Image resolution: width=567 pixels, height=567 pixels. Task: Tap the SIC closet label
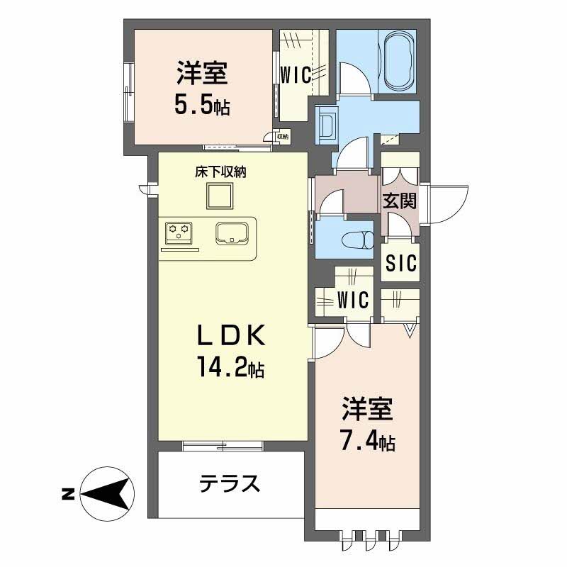coord(401,264)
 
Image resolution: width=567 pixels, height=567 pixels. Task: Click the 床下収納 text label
coord(220,172)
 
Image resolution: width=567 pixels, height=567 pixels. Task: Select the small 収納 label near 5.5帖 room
coord(282,136)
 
